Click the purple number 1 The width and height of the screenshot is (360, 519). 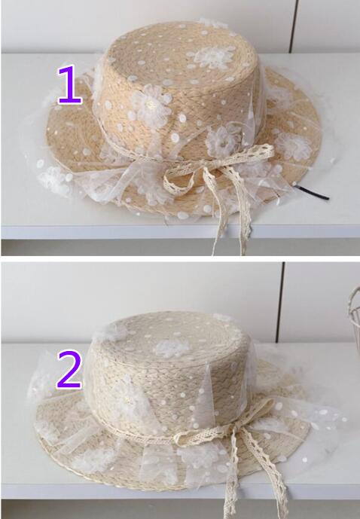(x=69, y=85)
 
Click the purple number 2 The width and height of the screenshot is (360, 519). (x=69, y=370)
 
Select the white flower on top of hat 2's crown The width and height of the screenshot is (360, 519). (x=172, y=348)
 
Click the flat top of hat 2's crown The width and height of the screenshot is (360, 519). (x=168, y=340)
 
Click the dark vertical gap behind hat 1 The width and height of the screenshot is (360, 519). (x=293, y=26)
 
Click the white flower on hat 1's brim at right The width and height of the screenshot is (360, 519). (x=293, y=145)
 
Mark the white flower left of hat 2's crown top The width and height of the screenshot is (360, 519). (x=109, y=331)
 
